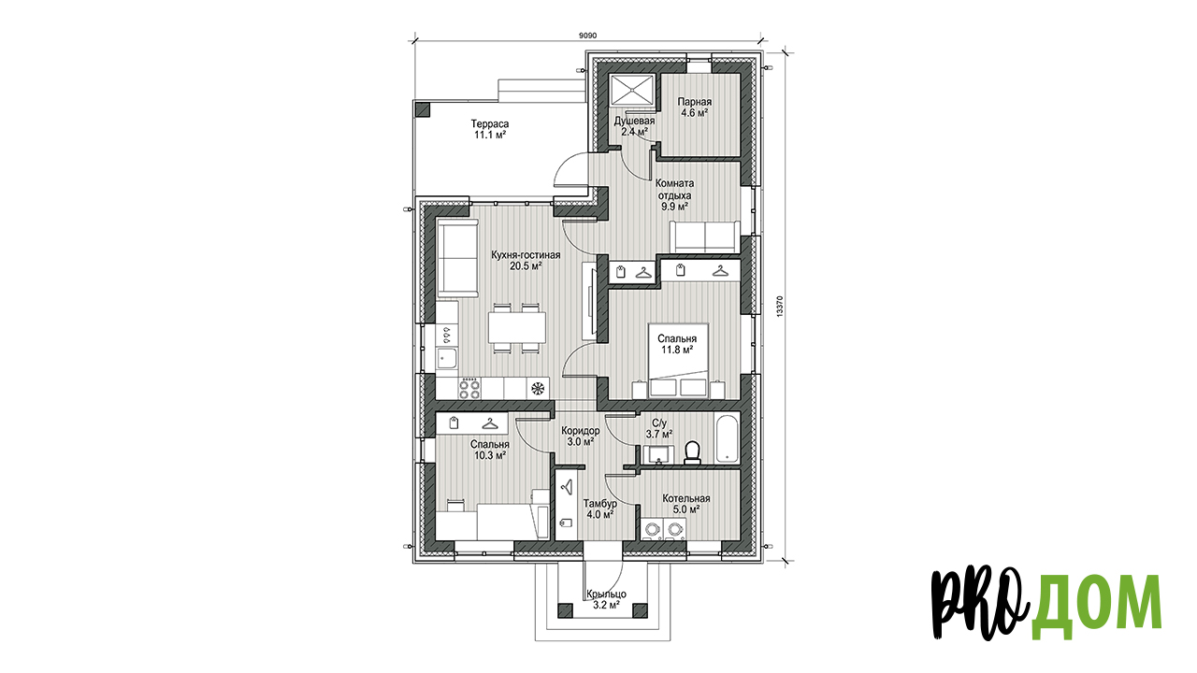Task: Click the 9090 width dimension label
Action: tap(587, 36)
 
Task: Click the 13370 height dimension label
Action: tap(780, 308)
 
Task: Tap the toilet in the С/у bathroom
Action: tap(693, 451)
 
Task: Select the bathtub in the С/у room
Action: tap(728, 439)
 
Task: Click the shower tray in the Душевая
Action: tap(632, 92)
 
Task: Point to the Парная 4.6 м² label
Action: tap(695, 107)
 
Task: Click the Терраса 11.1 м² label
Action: tap(490, 129)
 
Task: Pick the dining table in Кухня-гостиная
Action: tap(143, 327)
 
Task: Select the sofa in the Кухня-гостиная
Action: tap(458, 259)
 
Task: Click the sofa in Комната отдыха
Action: tap(705, 236)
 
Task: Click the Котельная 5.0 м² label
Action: tap(686, 504)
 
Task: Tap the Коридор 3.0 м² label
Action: tap(581, 437)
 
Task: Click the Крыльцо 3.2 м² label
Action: tap(606, 599)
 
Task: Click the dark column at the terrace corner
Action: tap(423, 109)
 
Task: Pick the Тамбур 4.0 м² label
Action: tap(599, 509)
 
